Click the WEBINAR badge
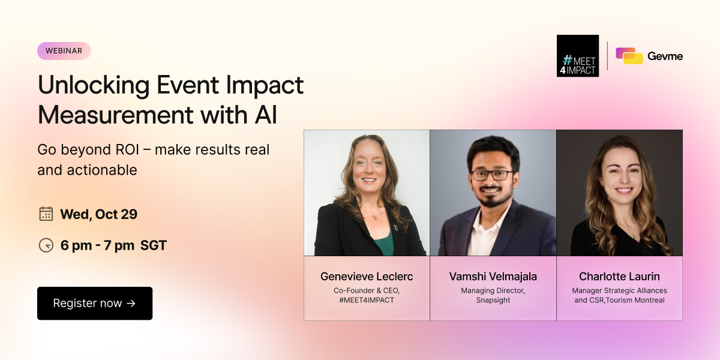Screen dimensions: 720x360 click(x=64, y=51)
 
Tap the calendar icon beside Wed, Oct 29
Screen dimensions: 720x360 click(x=46, y=214)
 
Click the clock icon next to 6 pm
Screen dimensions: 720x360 click(x=46, y=245)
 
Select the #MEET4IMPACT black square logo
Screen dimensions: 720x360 click(x=578, y=56)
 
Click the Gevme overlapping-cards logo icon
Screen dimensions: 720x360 click(x=629, y=56)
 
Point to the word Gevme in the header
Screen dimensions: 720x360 click(x=665, y=56)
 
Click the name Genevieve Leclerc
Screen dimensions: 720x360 click(x=367, y=277)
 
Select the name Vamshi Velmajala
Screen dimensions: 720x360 click(x=493, y=277)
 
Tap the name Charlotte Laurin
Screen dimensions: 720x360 click(x=619, y=277)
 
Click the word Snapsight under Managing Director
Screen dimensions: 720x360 click(x=493, y=300)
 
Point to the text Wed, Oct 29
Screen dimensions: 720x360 click(x=98, y=214)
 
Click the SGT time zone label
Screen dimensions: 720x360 click(x=154, y=245)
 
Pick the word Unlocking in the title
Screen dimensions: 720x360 click(x=94, y=85)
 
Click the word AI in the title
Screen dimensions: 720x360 click(x=266, y=115)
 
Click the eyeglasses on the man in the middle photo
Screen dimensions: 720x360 click(x=492, y=175)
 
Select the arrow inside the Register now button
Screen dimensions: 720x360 click(x=131, y=304)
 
